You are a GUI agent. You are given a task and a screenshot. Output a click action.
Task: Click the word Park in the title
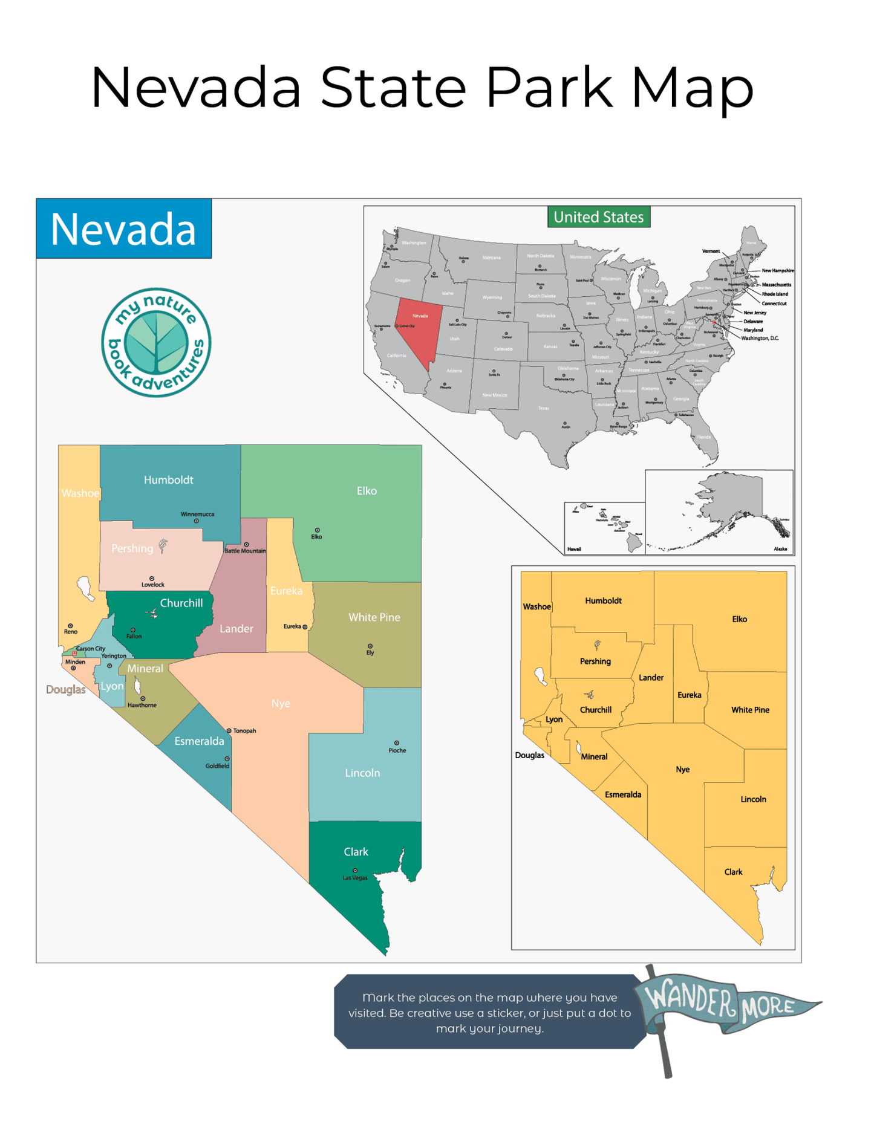pos(549,88)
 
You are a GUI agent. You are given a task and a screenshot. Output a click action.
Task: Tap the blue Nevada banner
pos(123,229)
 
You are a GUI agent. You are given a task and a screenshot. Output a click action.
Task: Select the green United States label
pos(598,217)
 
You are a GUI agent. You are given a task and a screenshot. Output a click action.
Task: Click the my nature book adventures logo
pos(156,342)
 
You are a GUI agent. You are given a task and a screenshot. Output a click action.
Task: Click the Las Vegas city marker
pos(355,871)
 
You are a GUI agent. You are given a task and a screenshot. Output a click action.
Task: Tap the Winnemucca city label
pos(197,515)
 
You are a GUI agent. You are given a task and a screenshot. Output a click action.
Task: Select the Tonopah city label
pos(244,731)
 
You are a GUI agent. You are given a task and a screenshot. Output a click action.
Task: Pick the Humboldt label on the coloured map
pos(168,480)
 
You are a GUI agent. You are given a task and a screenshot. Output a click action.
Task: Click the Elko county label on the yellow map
pos(739,619)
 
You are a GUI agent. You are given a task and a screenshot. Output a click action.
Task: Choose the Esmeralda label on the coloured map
pos(199,741)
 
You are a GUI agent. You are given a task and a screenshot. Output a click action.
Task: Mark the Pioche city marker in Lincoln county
pos(397,743)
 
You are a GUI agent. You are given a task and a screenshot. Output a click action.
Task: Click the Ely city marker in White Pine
pos(370,646)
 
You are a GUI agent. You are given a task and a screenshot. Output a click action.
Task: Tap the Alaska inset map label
pos(780,549)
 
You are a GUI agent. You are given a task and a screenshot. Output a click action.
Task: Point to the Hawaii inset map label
pos(574,549)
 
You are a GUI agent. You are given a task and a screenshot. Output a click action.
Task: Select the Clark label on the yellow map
pos(733,872)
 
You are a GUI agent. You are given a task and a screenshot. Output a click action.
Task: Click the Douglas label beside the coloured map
pos(65,690)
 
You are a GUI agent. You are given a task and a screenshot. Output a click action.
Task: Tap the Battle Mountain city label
pos(245,551)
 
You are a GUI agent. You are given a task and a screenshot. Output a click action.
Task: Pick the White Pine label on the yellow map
pos(750,710)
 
